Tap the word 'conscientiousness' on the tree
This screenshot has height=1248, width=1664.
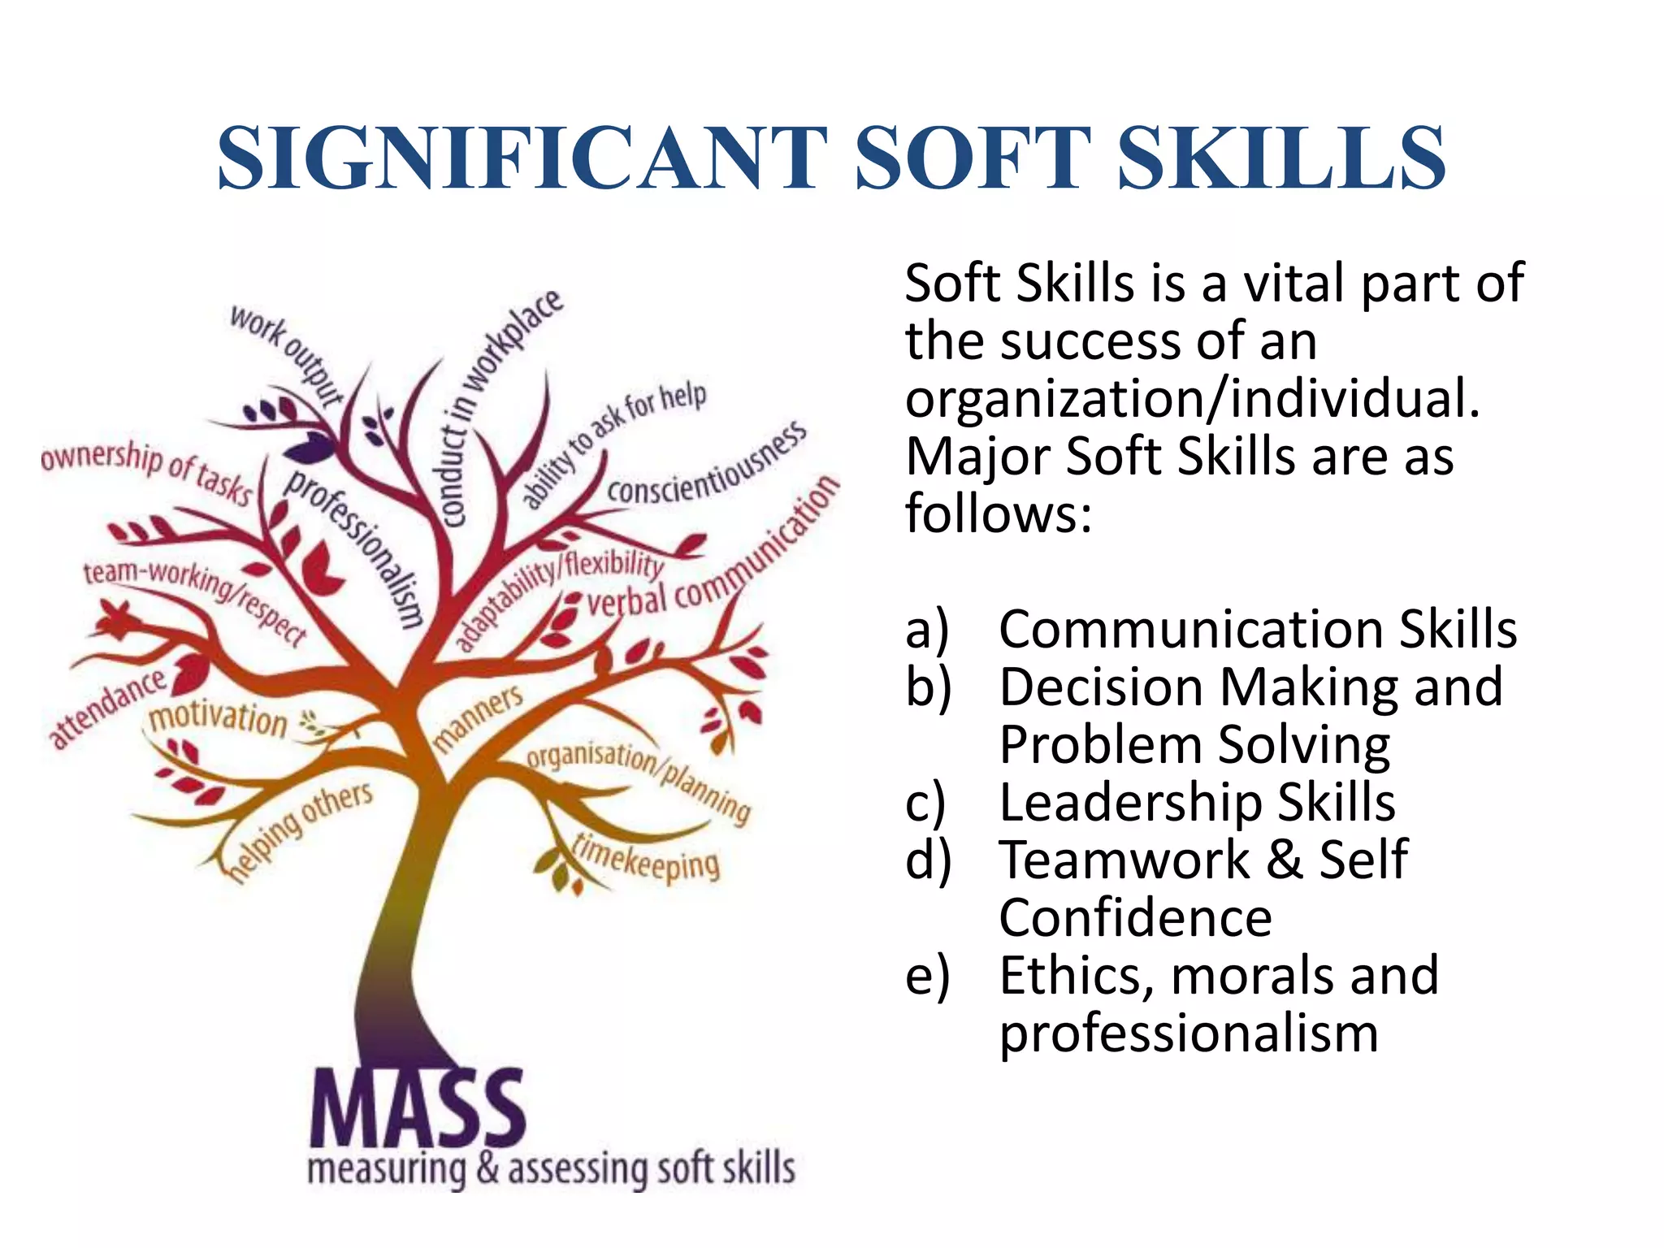(x=708, y=466)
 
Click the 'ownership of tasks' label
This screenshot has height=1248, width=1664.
(x=147, y=470)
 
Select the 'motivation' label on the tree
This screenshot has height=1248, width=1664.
(x=218, y=718)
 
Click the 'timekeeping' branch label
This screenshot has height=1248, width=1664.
(x=646, y=858)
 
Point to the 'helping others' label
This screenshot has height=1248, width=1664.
(x=301, y=829)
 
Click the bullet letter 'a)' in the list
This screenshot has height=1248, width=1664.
(x=927, y=630)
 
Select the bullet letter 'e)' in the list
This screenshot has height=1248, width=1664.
(x=927, y=976)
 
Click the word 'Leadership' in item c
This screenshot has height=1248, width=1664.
(x=1130, y=803)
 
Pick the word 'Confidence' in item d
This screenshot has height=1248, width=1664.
(x=1136, y=918)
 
